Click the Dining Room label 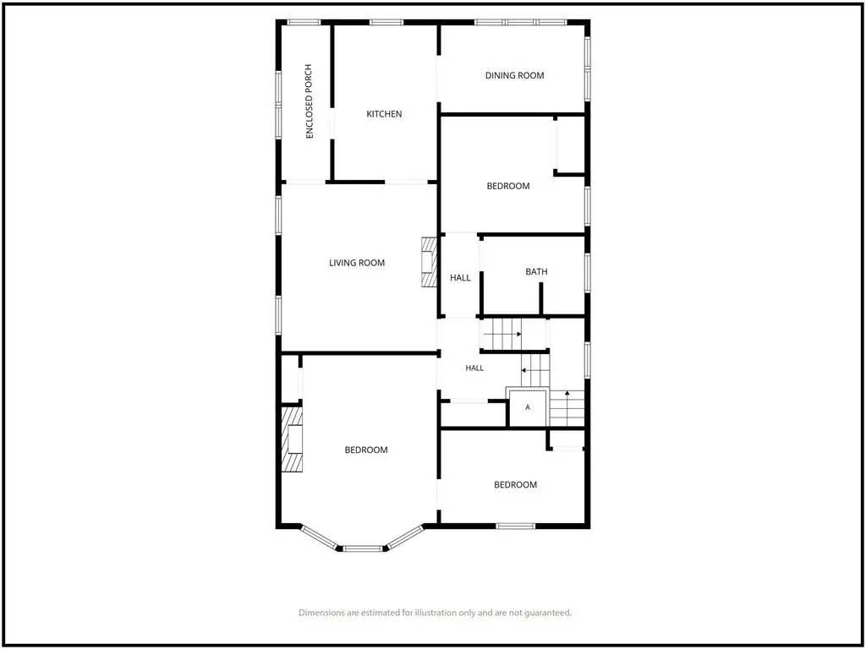[514, 75]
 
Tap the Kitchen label [384, 114]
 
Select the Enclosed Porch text [310, 101]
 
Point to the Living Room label [357, 263]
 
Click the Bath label [536, 271]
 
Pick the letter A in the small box [528, 407]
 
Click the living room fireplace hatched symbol [429, 262]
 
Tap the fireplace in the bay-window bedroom [292, 439]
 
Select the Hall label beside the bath [460, 278]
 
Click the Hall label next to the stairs [474, 368]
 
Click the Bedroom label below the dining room [508, 186]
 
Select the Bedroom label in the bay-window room [366, 450]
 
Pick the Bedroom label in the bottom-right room [515, 484]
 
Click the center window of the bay [362, 548]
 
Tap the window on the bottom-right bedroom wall [516, 526]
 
